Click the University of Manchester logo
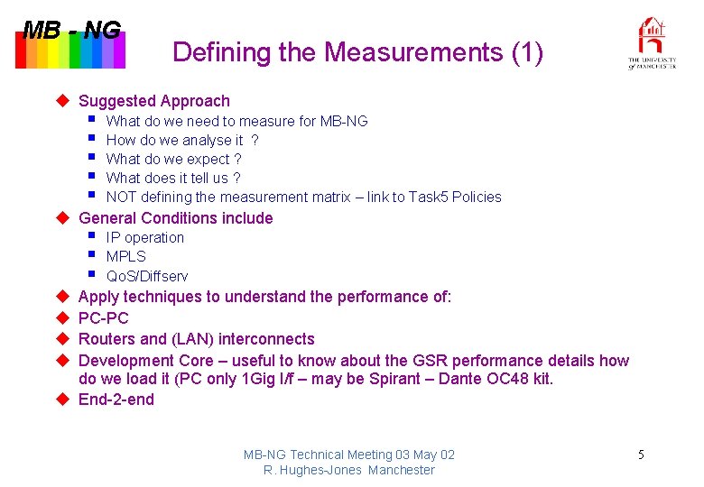coord(652,43)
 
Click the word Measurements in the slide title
coord(414,53)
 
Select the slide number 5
coord(641,455)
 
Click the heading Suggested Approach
coord(154,101)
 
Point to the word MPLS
coord(125,256)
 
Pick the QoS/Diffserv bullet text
coord(147,276)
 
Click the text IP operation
coord(144,237)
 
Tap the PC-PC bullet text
coord(104,318)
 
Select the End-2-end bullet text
coord(116,400)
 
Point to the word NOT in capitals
coord(122,197)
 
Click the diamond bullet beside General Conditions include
coord(63,217)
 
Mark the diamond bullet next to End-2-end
coord(63,400)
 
